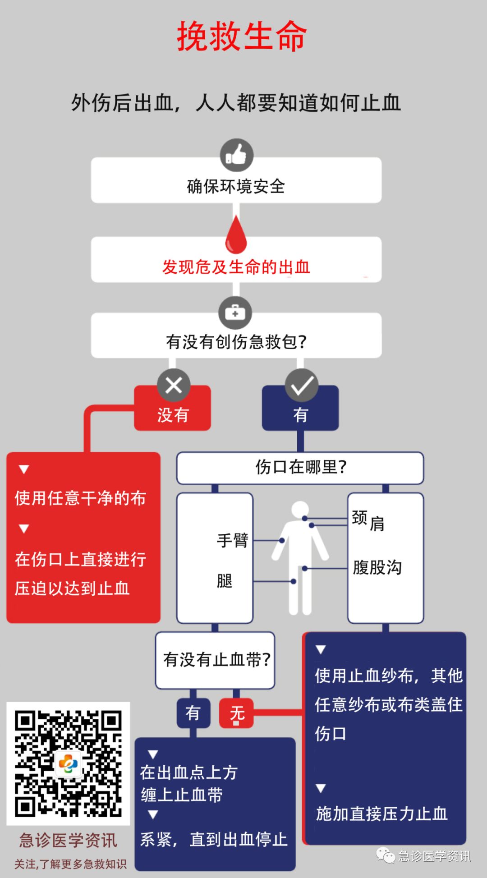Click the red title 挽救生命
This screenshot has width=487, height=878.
pyautogui.click(x=242, y=36)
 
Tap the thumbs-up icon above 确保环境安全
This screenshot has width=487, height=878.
pyautogui.click(x=236, y=155)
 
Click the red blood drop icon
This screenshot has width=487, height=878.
pyautogui.click(x=236, y=235)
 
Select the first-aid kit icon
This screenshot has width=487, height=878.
pyautogui.click(x=235, y=313)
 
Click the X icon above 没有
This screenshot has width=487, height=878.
pyautogui.click(x=174, y=385)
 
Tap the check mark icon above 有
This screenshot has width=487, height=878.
pyautogui.click(x=302, y=385)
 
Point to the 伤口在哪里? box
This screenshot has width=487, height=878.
pyautogui.click(x=300, y=468)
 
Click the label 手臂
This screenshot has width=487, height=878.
pyautogui.click(x=232, y=540)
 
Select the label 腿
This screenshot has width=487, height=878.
pyautogui.click(x=225, y=581)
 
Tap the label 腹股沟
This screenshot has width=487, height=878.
pyautogui.click(x=377, y=568)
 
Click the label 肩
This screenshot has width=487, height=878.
pyautogui.click(x=377, y=524)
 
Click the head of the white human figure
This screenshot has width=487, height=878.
pyautogui.click(x=300, y=510)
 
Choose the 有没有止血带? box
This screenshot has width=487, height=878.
pyautogui.click(x=216, y=660)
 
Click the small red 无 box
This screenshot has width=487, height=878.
pyautogui.click(x=237, y=713)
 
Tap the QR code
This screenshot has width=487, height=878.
pyautogui.click(x=68, y=763)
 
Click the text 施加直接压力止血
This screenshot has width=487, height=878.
pyautogui.click(x=381, y=814)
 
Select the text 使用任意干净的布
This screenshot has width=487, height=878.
pyautogui.click(x=80, y=498)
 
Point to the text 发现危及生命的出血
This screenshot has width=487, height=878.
pyautogui.click(x=236, y=267)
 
